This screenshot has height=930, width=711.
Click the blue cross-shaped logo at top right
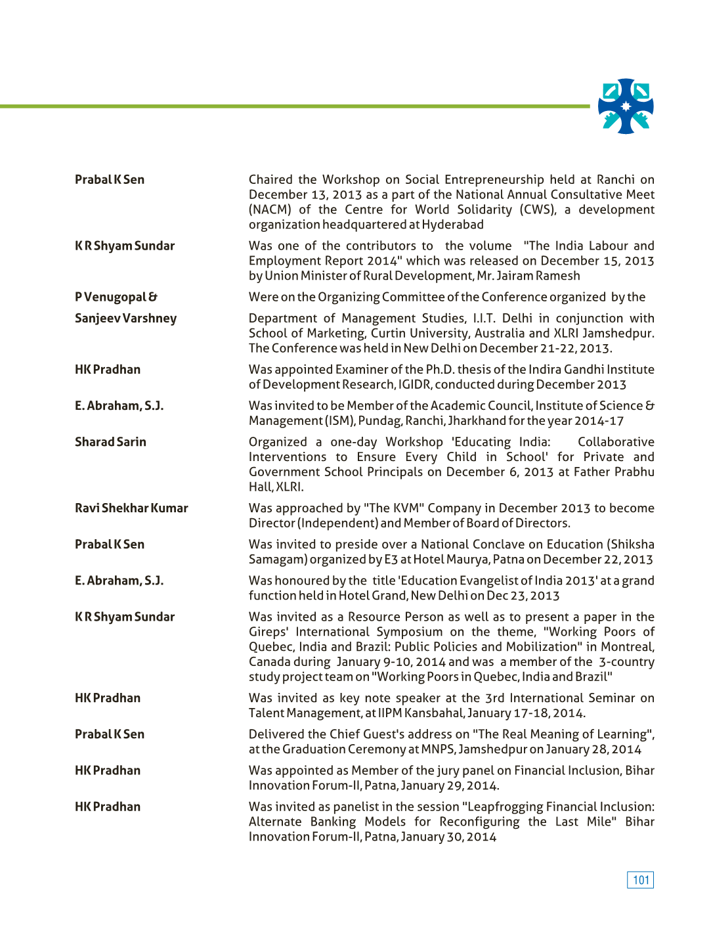[x=626, y=106]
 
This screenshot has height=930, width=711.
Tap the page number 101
[x=640, y=880]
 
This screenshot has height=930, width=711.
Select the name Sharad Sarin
[x=110, y=442]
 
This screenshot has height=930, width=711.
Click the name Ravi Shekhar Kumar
[x=131, y=508]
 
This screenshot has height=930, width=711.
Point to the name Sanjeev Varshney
[x=125, y=319]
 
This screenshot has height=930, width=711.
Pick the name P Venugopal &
[x=116, y=298]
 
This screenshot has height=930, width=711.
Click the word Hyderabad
[x=452, y=225]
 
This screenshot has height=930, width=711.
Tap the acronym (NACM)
[x=270, y=210]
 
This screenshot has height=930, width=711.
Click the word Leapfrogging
[x=509, y=807]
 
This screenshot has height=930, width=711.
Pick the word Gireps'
[x=269, y=632]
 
